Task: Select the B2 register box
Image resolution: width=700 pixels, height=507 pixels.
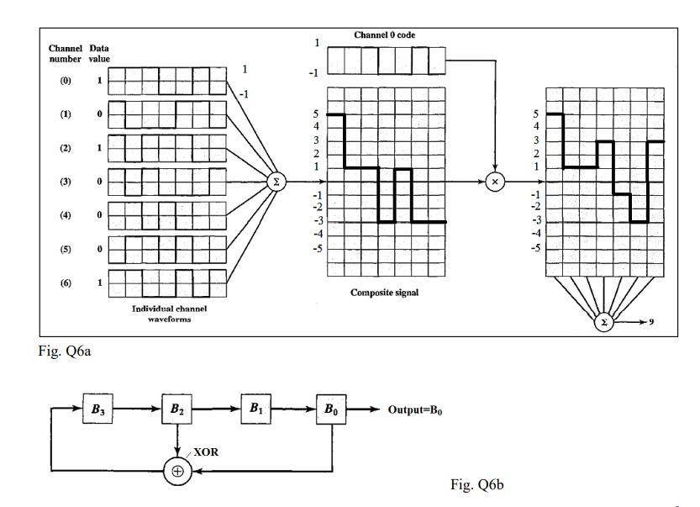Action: (x=176, y=410)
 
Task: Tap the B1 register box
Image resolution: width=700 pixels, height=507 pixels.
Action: (x=255, y=410)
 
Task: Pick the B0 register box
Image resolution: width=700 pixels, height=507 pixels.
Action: (x=333, y=410)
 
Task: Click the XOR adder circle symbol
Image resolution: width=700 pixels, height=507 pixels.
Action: (x=177, y=471)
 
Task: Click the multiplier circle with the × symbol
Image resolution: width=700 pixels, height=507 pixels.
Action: (x=496, y=181)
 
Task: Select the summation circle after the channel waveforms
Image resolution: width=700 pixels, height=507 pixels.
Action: (x=274, y=181)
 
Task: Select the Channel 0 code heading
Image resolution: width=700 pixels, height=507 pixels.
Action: (x=385, y=34)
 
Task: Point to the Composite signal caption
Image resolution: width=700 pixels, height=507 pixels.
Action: (x=383, y=293)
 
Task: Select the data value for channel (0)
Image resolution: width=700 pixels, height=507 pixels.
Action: (x=100, y=81)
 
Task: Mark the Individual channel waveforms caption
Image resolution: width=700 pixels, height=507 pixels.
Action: (x=169, y=314)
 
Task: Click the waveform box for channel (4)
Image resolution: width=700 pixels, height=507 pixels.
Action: (x=167, y=215)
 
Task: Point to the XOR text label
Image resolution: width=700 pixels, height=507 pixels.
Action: (x=207, y=452)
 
